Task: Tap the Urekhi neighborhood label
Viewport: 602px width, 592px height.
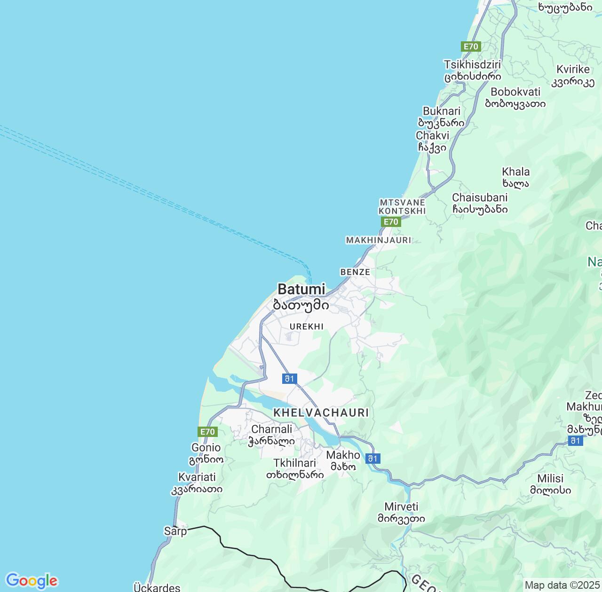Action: pos(307,327)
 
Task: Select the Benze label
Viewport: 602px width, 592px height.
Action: pos(355,272)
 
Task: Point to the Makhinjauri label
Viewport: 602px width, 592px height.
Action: pos(379,240)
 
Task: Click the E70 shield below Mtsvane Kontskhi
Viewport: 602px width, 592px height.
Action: pos(391,222)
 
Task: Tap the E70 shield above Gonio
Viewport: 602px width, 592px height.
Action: pos(207,432)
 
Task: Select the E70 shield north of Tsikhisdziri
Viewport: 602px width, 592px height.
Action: pos(471,47)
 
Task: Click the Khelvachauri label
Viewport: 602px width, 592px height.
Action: pos(321,413)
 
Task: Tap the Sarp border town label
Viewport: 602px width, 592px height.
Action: pos(175,531)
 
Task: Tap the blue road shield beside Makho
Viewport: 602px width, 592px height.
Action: pos(372,459)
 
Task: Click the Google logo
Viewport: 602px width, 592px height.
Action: pos(32,581)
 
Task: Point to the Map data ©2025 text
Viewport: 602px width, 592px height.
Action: pos(562,585)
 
